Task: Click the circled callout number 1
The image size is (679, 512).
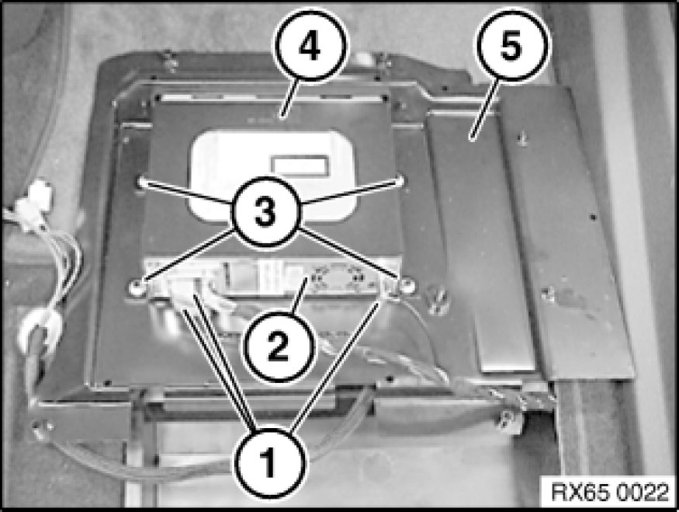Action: click(269, 462)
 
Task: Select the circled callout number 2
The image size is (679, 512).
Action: click(278, 346)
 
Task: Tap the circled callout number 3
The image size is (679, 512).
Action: click(265, 212)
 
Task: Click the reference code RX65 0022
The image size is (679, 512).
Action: click(610, 493)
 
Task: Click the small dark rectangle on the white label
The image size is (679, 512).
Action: click(300, 165)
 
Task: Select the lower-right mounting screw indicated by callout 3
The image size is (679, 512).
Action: click(406, 285)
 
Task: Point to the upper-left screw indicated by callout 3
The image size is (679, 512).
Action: click(140, 181)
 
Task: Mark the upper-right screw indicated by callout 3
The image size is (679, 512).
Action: click(401, 179)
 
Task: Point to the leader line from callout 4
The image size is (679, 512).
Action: click(289, 99)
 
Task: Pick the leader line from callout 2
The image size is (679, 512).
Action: click(300, 296)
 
